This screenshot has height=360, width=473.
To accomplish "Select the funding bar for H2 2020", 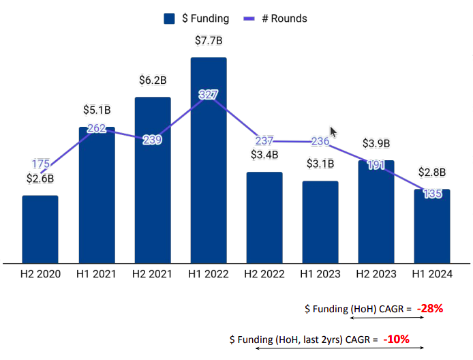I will tap(40, 229).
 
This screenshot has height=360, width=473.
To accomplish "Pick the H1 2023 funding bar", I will tap(320, 222).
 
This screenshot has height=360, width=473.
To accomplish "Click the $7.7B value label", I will tap(209, 41).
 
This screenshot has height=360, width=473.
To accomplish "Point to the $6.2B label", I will tap(153, 80).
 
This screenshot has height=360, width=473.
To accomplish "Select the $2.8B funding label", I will tap(432, 172).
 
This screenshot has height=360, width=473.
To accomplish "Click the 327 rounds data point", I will tap(209, 95).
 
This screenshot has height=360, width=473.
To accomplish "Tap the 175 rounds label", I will tap(40, 164).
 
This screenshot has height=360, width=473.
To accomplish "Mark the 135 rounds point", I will tap(432, 194).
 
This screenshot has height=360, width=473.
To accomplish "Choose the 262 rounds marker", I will tap(97, 127).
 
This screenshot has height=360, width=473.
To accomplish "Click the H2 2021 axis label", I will tap(153, 274).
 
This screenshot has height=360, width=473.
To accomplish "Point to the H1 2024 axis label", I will tap(432, 274).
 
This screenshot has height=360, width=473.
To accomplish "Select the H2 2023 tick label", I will tap(376, 274).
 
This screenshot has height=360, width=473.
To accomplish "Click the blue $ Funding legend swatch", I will tap(170, 18).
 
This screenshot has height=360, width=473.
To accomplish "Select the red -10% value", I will tap(396, 338).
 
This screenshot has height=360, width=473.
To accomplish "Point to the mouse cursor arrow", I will tap(333, 132).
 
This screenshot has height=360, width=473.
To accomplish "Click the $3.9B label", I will tap(376, 143).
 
